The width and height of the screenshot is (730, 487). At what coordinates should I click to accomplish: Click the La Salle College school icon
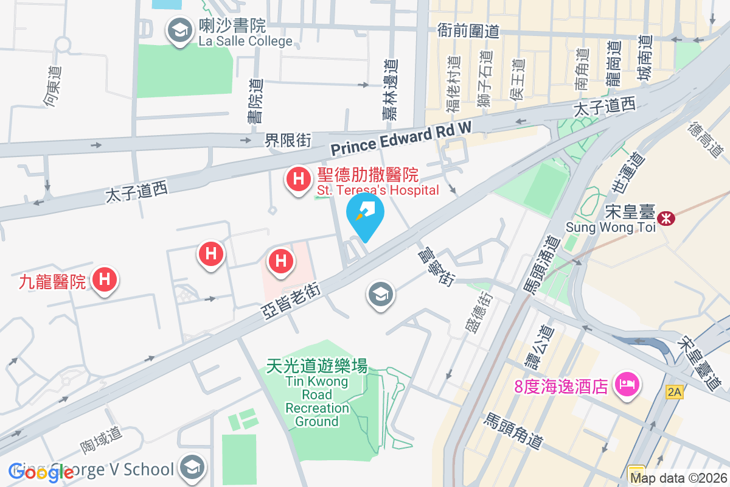pyautogui.click(x=178, y=30)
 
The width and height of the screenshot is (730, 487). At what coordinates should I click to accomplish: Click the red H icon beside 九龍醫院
pyautogui.click(x=104, y=279)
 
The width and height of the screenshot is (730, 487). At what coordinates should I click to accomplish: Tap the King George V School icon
pyautogui.click(x=193, y=468)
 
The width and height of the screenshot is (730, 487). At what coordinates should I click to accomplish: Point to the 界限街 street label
pyautogui.click(x=288, y=141)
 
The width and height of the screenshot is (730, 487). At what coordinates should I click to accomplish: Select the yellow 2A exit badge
pyautogui.click(x=674, y=391)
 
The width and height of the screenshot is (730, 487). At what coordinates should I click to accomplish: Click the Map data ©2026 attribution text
pyautogui.click(x=678, y=478)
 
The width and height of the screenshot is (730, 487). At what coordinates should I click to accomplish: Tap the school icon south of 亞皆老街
pyautogui.click(x=381, y=296)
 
